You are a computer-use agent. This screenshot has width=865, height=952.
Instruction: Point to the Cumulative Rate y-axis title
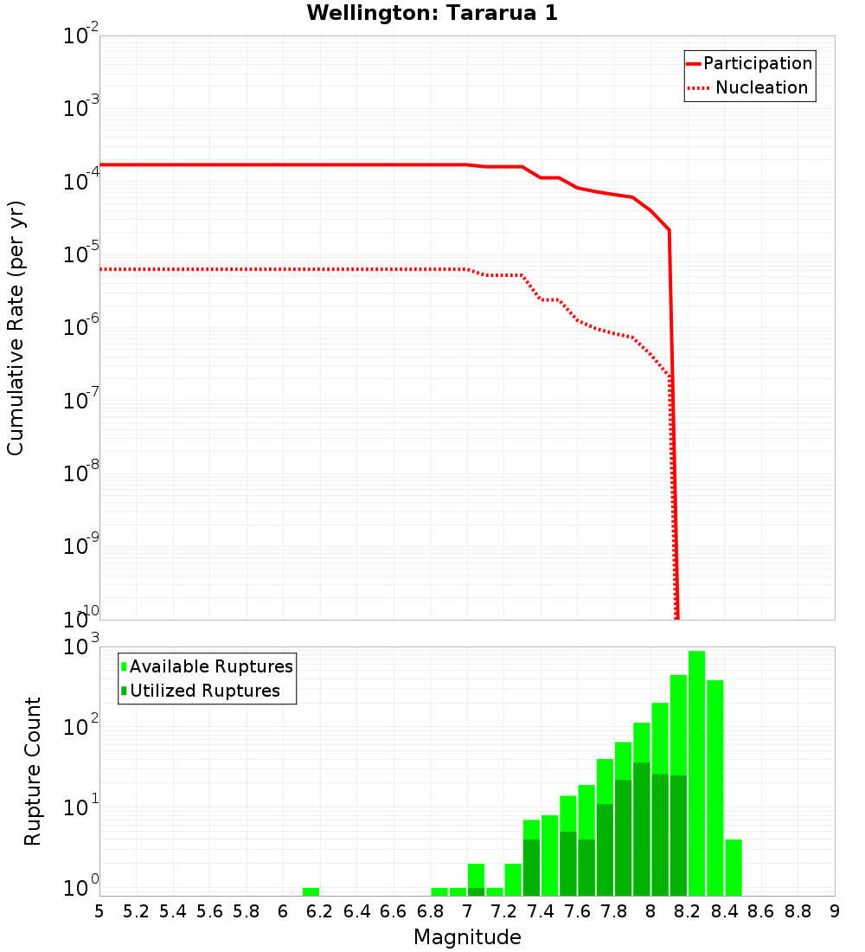click(16, 328)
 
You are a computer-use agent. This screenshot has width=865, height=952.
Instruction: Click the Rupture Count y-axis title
click(33, 770)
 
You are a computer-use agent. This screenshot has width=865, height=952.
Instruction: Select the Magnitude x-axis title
click(467, 936)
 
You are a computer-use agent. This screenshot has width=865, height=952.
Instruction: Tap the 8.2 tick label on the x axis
click(688, 911)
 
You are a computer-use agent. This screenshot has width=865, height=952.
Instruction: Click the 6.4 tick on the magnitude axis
click(356, 911)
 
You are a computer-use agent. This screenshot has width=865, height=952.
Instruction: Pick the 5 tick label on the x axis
click(99, 911)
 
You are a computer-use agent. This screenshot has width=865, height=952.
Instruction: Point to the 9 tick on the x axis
click(835, 911)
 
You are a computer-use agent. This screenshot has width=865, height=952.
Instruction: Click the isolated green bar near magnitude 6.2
click(311, 891)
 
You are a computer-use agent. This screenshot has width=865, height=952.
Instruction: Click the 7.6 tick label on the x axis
click(577, 911)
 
